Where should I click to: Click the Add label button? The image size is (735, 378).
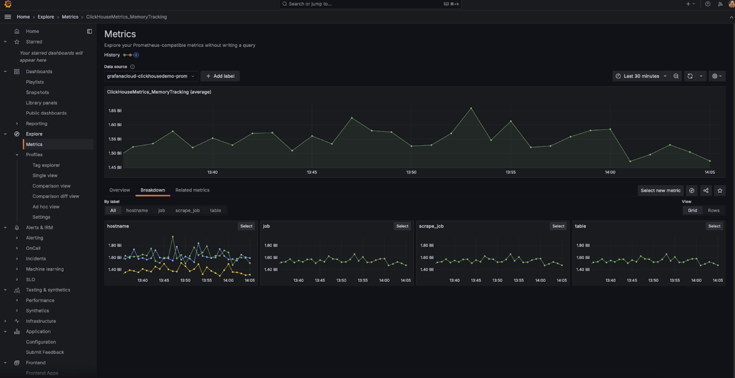[220, 76]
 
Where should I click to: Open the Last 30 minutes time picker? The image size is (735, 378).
[641, 76]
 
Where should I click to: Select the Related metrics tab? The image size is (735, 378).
[192, 190]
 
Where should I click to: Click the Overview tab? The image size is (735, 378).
[120, 190]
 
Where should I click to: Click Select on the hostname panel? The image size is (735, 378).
[246, 226]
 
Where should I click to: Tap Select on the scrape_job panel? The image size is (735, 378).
[558, 226]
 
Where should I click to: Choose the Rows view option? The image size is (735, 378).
[713, 210]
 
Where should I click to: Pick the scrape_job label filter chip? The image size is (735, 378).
[187, 210]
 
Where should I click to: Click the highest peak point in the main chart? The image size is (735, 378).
[471, 108]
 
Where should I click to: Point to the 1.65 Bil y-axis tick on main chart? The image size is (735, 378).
[115, 111]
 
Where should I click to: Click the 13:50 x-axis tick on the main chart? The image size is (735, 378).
[411, 172]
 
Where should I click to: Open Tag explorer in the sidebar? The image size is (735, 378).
[46, 165]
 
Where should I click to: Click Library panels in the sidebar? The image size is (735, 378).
[41, 103]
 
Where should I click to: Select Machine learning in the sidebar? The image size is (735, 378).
[45, 269]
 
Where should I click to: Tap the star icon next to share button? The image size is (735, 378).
[720, 191]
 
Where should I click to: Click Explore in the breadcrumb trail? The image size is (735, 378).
[46, 17]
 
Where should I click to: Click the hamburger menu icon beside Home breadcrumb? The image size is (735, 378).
[8, 17]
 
